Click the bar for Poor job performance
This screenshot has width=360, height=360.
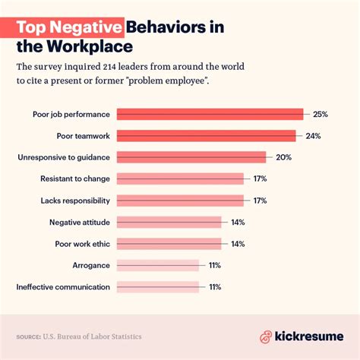[x=210, y=114]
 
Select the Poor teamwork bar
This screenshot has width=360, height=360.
[x=207, y=136]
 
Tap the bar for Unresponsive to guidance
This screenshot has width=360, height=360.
[x=191, y=157]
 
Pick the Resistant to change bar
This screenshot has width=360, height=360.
[x=181, y=179]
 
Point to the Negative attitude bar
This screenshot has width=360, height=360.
[x=169, y=223]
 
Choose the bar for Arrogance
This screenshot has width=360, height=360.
[x=158, y=266]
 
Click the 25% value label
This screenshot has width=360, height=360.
[x=320, y=114]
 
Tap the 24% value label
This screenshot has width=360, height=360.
[x=312, y=136]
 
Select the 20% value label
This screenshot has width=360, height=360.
[x=283, y=157]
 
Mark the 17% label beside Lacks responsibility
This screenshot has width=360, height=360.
[x=259, y=201]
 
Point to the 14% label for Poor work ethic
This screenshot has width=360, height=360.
[x=237, y=244]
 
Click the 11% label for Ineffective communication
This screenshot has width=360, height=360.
[x=215, y=287]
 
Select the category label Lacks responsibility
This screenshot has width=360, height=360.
[x=75, y=201]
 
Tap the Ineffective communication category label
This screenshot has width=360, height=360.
[x=63, y=287]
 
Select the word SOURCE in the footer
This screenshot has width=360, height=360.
[x=29, y=336]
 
